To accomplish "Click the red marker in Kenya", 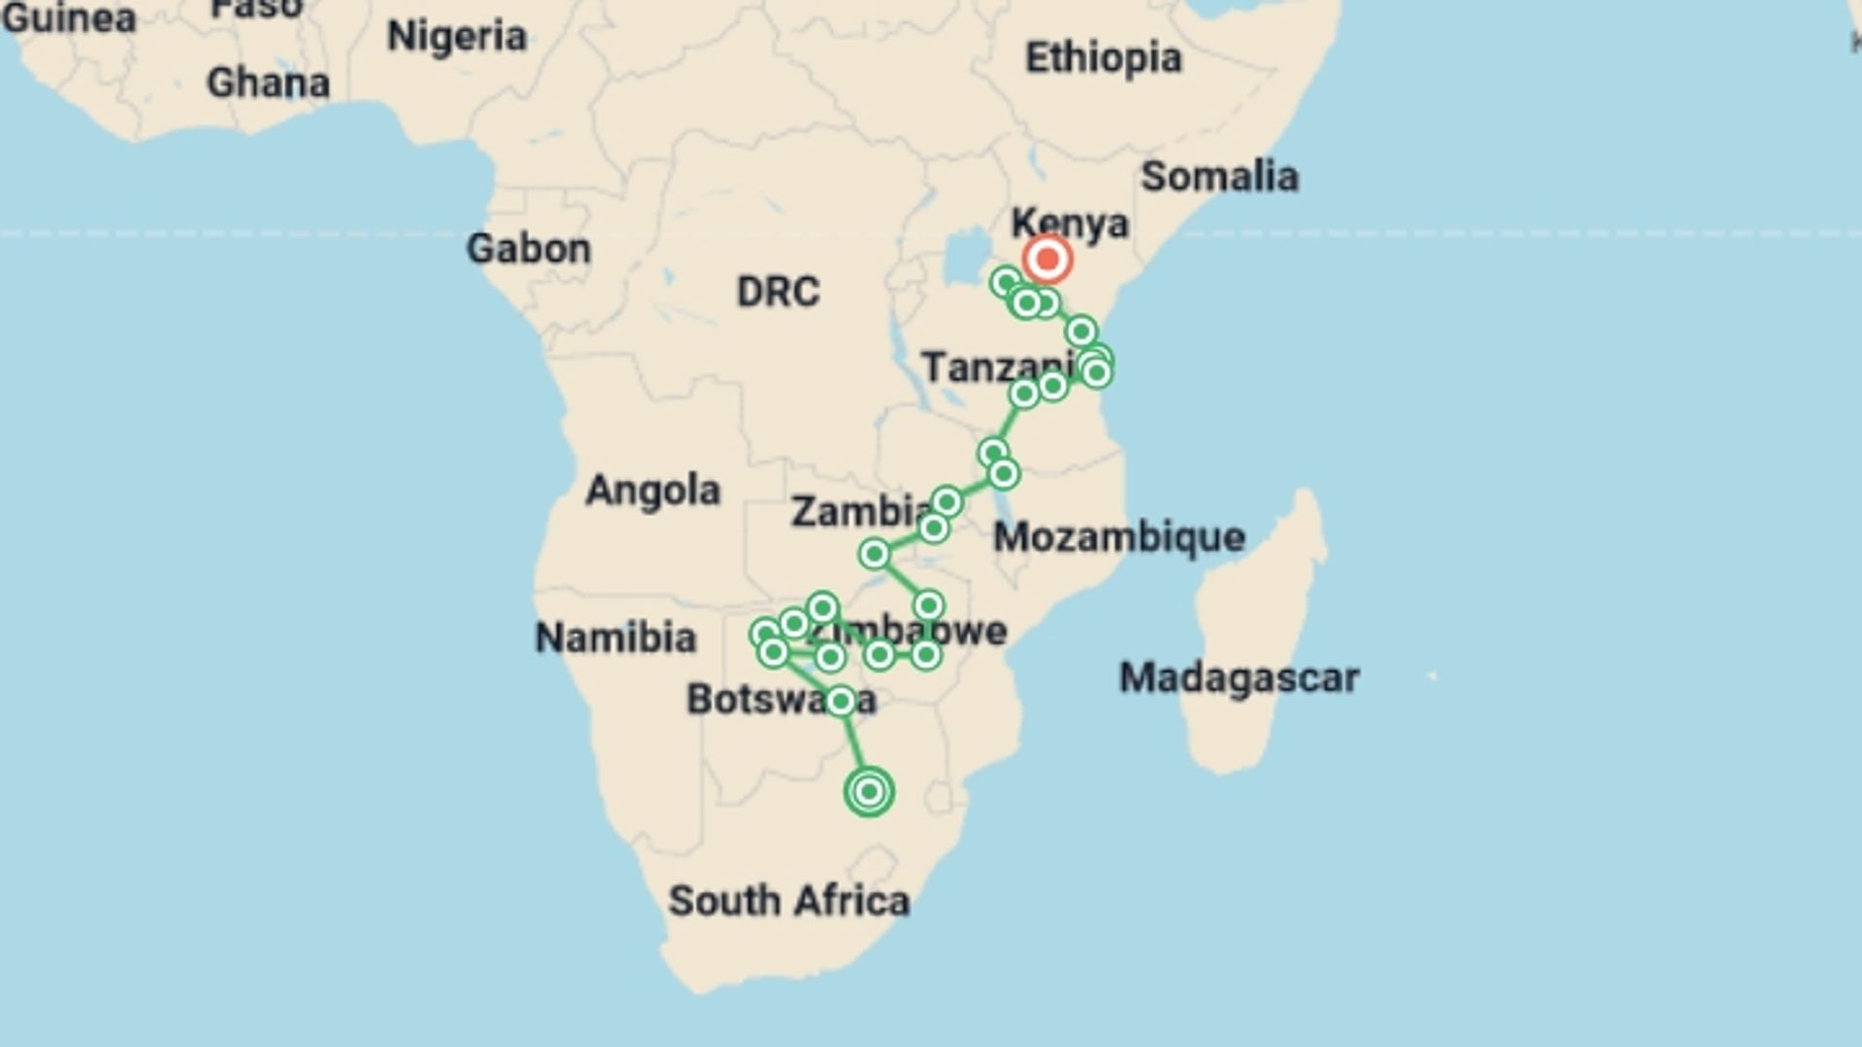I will pyautogui.click(x=1047, y=260).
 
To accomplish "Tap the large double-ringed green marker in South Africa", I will pyautogui.click(x=869, y=792).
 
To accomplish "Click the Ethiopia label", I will pyautogui.click(x=1104, y=58).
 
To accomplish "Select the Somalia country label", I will pyautogui.click(x=1219, y=176).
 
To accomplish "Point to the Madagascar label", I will pyautogui.click(x=1239, y=678).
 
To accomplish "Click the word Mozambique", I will pyautogui.click(x=1119, y=537).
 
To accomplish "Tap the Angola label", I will pyautogui.click(x=653, y=491).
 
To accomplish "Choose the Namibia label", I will pyautogui.click(x=616, y=638).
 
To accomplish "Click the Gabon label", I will pyautogui.click(x=529, y=249).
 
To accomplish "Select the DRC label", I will pyautogui.click(x=778, y=292).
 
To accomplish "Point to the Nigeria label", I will pyautogui.click(x=457, y=37).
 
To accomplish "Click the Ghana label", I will pyautogui.click(x=269, y=83).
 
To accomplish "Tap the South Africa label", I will pyautogui.click(x=788, y=901).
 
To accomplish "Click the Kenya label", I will pyautogui.click(x=1070, y=224).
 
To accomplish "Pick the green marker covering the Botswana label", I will pyautogui.click(x=840, y=701).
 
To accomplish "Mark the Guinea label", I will pyautogui.click(x=68, y=17).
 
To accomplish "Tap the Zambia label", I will pyautogui.click(x=858, y=511).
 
